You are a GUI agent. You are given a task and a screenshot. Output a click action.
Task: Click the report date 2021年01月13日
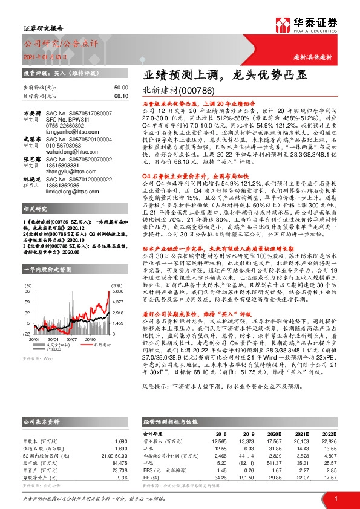pos(42,57)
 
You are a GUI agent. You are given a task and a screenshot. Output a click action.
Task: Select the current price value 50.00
pos(121,88)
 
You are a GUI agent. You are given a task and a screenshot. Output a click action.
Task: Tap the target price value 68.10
pos(121,96)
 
